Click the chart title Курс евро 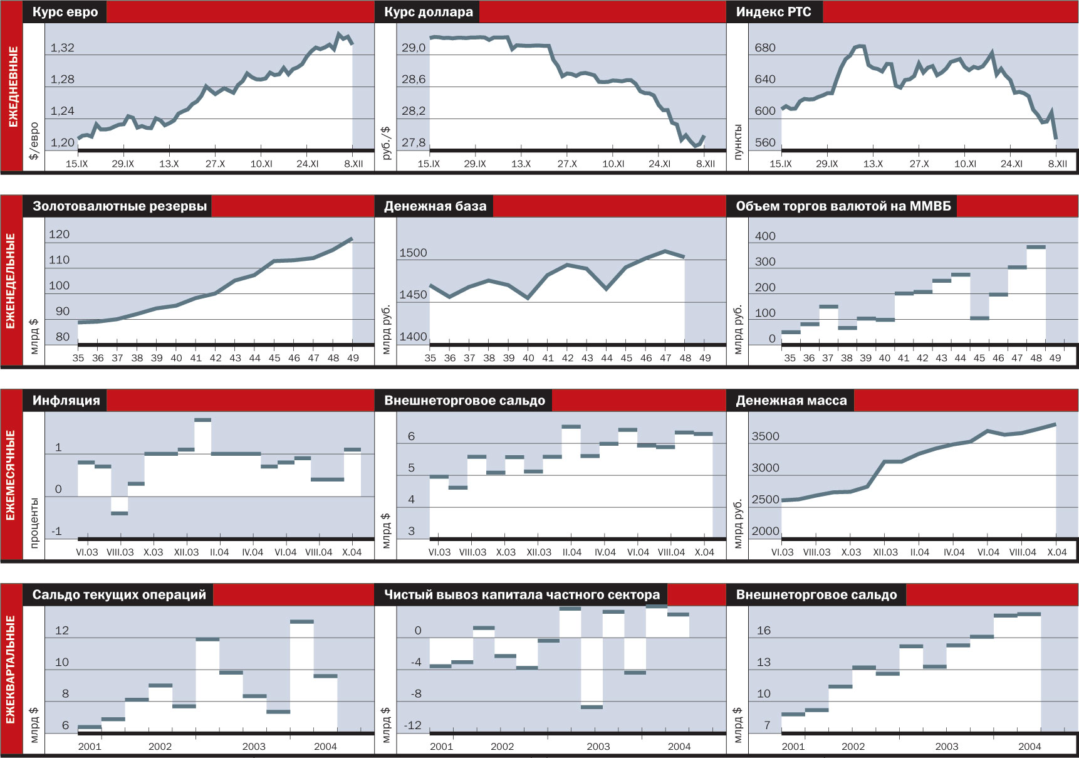(x=65, y=12)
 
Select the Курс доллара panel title (x=429, y=12)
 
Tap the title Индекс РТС (x=773, y=12)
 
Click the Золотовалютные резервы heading (x=119, y=206)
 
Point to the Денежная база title (x=435, y=206)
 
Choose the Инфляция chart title (x=66, y=401)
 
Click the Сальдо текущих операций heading (x=119, y=595)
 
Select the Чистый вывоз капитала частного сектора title (x=521, y=595)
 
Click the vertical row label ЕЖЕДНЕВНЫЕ (x=12, y=87)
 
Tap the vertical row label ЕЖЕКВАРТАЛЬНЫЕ (x=11, y=669)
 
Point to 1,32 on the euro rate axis (x=62, y=48)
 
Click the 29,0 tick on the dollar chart (x=414, y=48)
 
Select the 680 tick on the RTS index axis (x=765, y=48)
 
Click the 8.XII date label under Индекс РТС (x=1058, y=164)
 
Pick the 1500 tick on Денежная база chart (x=413, y=253)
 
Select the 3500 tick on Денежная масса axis (x=765, y=436)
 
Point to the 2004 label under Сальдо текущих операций (x=325, y=746)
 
